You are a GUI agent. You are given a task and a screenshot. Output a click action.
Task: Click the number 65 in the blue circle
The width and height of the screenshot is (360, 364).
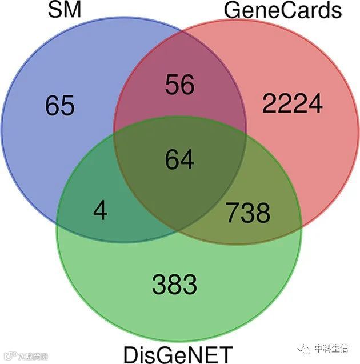pyautogui.click(x=59, y=105)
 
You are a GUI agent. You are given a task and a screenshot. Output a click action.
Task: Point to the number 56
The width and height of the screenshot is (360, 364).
pyautogui.click(x=179, y=85)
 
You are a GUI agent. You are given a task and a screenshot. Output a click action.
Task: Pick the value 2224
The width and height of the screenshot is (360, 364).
pyautogui.click(x=293, y=103)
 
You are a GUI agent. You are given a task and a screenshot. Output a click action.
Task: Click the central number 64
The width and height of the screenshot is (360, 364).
pyautogui.click(x=179, y=158)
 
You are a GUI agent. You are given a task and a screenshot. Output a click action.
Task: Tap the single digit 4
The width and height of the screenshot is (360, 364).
pyautogui.click(x=100, y=212)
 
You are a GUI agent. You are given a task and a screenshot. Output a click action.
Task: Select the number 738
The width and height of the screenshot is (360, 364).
pyautogui.click(x=247, y=213)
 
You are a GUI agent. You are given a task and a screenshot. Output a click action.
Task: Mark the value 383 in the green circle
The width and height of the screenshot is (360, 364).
pyautogui.click(x=175, y=284)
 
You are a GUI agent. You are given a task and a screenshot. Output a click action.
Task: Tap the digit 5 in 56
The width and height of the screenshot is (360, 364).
pyautogui.click(x=171, y=85)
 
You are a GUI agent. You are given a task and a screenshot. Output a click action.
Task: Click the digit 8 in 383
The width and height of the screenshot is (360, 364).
pyautogui.click(x=175, y=284)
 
